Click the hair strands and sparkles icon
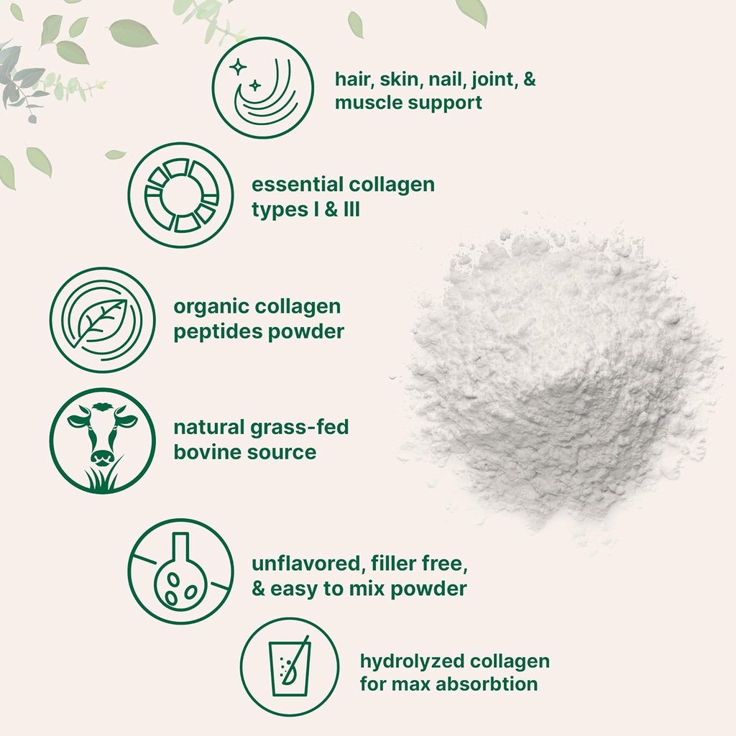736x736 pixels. (263, 87)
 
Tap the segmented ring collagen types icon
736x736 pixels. (180, 195)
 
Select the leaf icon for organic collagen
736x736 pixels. (102, 320)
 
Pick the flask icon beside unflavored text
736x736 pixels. (180, 571)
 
